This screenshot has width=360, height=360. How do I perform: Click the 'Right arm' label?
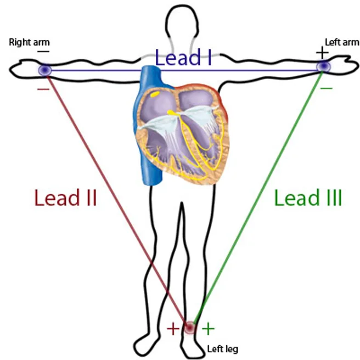(x=29, y=42)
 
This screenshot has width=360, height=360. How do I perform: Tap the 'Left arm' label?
(x=342, y=42)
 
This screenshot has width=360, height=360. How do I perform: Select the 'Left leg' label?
(x=222, y=349)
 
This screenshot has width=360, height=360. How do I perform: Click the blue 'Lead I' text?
(x=183, y=57)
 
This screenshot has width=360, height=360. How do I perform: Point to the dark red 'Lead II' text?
(x=65, y=198)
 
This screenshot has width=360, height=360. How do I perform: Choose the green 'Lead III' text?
(x=308, y=198)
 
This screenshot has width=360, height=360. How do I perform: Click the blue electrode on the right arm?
(x=45, y=70)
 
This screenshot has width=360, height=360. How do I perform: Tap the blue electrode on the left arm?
(x=324, y=66)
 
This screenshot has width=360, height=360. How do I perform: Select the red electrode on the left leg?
(x=190, y=327)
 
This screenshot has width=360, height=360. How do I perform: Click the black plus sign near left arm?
(x=322, y=53)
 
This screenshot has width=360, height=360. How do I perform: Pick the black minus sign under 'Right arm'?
(x=43, y=52)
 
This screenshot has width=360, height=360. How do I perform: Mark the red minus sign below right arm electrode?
(x=43, y=89)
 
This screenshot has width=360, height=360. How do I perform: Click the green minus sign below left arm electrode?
(x=326, y=88)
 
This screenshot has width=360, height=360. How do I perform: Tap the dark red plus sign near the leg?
(x=173, y=329)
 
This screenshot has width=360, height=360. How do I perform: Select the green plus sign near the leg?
(x=208, y=329)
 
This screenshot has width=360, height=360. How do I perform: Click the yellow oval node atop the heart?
(x=155, y=94)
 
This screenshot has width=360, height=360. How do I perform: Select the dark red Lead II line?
(x=117, y=199)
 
